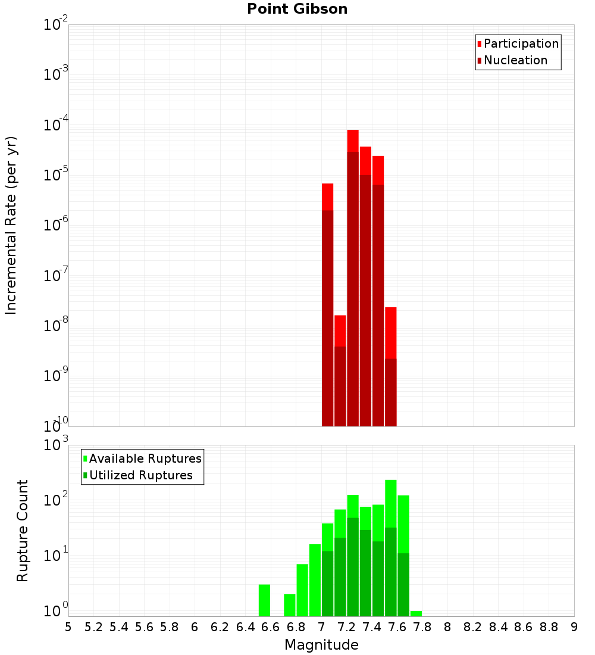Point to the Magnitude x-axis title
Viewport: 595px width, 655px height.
pos(321,645)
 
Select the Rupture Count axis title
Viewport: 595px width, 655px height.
pos(23,531)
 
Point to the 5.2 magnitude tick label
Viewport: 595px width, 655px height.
pos(93,627)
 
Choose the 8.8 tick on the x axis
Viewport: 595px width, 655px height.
pos(549,627)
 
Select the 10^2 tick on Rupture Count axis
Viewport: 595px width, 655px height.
pos(57,500)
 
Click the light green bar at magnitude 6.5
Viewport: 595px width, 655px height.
pos(264,600)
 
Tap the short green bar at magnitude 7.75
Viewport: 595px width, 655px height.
pos(416,613)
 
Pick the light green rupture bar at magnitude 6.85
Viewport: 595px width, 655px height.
pos(302,589)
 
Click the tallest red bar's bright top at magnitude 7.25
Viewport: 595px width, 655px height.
pos(353,141)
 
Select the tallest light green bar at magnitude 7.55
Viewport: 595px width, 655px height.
pos(391,503)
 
